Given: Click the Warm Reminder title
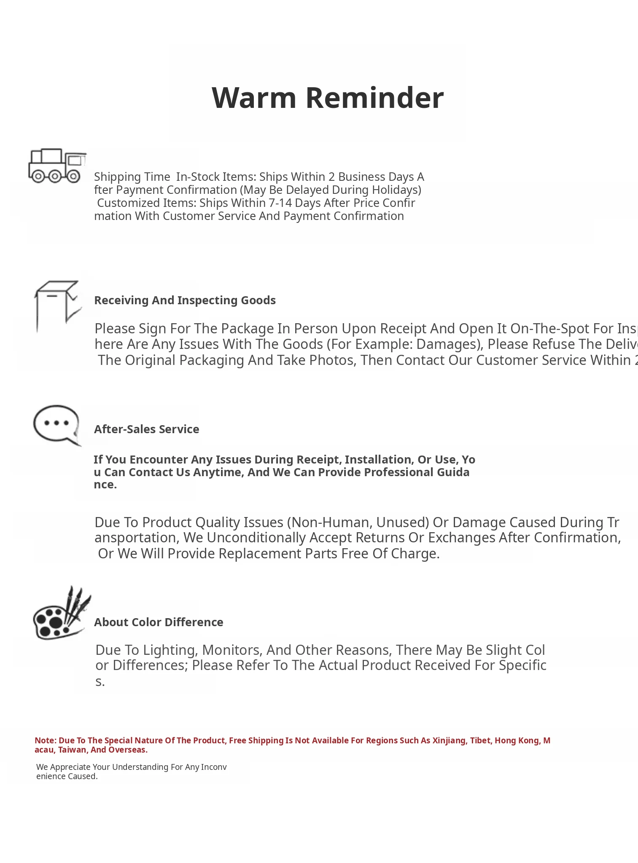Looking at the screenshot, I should (x=327, y=98).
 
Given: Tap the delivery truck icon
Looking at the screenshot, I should (x=57, y=166).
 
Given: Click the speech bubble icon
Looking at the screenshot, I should (x=57, y=425).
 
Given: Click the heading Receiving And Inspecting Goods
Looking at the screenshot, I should (x=185, y=300).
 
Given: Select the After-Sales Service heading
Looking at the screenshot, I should (x=146, y=429).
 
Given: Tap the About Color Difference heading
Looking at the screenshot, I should (x=159, y=622).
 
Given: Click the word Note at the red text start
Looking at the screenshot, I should (x=45, y=740).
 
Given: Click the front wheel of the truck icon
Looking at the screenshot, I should (x=73, y=176).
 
